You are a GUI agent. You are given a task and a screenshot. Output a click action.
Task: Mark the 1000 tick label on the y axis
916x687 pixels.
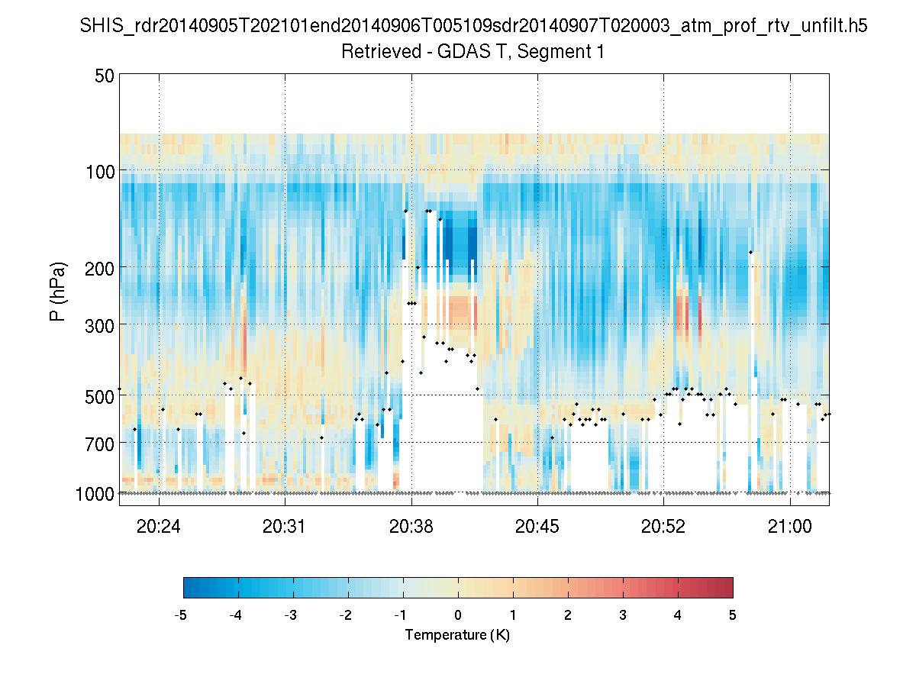tap(95, 493)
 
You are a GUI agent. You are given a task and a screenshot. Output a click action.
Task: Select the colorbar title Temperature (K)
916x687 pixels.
tap(457, 635)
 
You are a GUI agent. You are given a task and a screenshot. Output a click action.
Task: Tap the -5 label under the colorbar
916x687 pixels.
tap(181, 614)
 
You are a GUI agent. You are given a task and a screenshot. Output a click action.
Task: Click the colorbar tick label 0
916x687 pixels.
tap(458, 614)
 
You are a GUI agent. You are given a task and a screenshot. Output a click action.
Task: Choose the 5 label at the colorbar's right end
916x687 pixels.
tap(732, 614)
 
